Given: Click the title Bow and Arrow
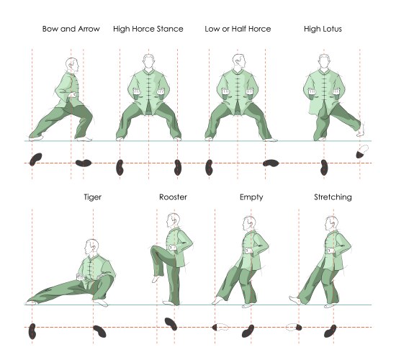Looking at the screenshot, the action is [71, 29].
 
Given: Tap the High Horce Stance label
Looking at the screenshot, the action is [148, 29].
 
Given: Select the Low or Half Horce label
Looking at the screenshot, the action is [238, 29].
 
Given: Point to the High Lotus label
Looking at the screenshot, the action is [323, 29].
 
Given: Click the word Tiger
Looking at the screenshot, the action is [93, 197].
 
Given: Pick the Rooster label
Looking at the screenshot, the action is [173, 197].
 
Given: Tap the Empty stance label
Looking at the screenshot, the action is [251, 197].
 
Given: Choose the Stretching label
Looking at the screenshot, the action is [333, 197].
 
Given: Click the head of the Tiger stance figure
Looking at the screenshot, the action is [91, 247].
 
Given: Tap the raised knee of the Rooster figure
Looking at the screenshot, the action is [154, 250].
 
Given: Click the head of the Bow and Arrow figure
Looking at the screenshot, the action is [72, 66].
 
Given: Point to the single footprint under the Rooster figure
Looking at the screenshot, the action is [171, 324].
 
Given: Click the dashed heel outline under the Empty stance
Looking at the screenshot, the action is [222, 328].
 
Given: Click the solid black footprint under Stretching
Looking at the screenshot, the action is [330, 331].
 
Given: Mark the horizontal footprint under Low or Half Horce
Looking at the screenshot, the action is [271, 163].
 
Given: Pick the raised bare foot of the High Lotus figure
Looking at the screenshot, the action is [361, 130].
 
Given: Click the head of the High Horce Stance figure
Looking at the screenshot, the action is [149, 61].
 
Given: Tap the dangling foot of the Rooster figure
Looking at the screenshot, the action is [156, 279].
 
